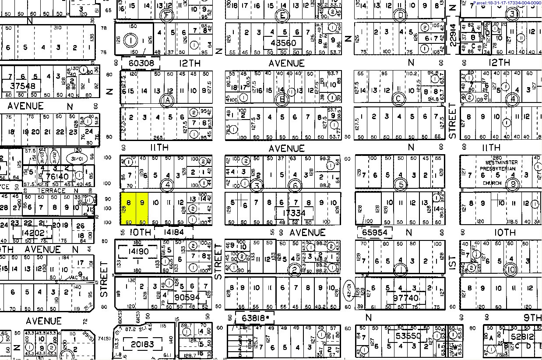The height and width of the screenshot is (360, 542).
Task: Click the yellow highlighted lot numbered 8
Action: coord(129,208)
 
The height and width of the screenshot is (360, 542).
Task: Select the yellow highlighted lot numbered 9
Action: coord(142,208)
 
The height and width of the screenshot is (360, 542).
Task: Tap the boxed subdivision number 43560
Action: coord(283,43)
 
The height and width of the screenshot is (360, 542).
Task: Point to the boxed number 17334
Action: coord(294,213)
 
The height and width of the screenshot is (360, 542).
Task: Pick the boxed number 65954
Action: coord(375,232)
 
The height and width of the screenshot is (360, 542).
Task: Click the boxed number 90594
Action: coord(187,297)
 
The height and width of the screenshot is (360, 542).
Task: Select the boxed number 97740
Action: coord(406,298)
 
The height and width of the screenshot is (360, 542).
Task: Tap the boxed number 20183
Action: coord(143,344)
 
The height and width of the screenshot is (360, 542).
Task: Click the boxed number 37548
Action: coord(22,86)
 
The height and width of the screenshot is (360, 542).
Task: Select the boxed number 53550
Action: coord(408,336)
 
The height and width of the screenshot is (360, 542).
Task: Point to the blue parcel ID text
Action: coord(507,3)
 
